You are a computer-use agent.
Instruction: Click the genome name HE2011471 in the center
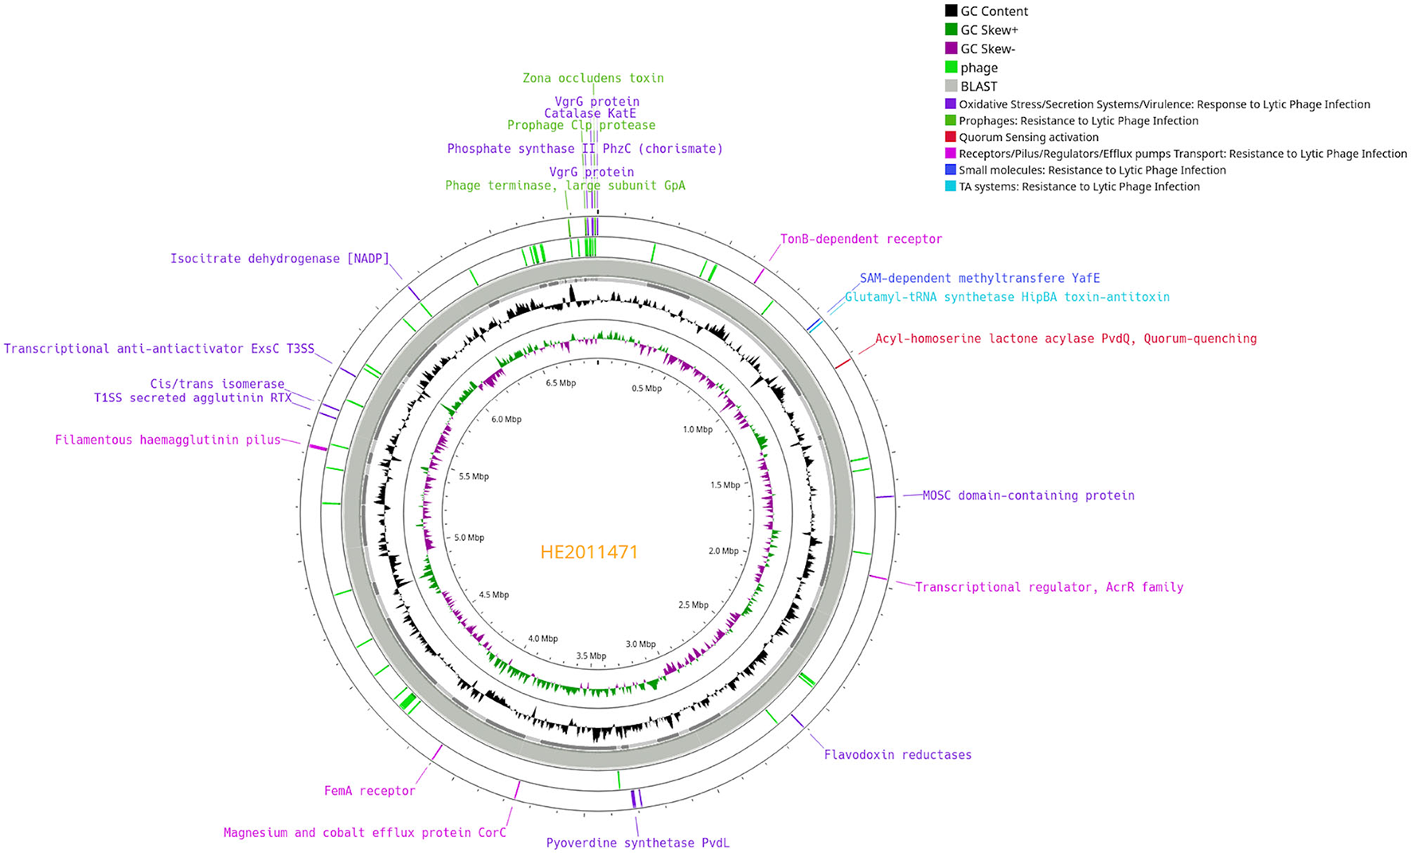click(589, 552)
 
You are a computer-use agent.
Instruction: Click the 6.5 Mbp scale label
click(561, 383)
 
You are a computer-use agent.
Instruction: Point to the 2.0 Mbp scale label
click(724, 551)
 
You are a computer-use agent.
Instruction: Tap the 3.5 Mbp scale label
click(592, 656)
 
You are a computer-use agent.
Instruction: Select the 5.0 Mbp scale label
click(469, 538)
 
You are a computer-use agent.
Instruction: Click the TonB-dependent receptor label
click(861, 239)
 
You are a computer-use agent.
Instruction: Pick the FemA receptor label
click(369, 791)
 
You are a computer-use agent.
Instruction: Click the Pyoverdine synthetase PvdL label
click(638, 843)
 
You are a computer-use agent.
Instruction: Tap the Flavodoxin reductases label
click(897, 755)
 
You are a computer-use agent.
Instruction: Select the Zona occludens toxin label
click(593, 78)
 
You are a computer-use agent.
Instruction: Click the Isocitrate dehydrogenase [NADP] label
click(279, 259)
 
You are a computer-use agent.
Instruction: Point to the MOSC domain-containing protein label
click(1028, 495)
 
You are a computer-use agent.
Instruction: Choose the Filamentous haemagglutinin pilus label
click(168, 440)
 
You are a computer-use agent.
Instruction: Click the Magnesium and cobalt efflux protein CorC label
click(365, 833)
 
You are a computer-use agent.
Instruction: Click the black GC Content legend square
click(951, 11)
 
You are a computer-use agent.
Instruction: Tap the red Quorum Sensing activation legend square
click(950, 137)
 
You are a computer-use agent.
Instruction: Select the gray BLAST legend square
click(951, 86)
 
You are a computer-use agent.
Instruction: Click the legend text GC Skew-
click(987, 49)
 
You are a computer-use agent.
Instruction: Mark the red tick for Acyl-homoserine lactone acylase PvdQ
click(842, 363)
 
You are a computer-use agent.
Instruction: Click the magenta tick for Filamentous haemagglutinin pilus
click(318, 448)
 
